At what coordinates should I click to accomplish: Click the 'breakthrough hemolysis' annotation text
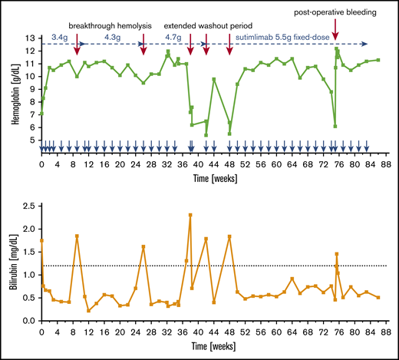pyautogui.click(x=109, y=25)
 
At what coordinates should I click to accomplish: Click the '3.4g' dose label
pyautogui.click(x=58, y=37)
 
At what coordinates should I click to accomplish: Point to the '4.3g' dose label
pyautogui.click(x=111, y=37)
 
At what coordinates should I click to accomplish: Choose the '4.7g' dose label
pyautogui.click(x=173, y=37)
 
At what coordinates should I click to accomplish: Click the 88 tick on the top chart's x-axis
pyautogui.click(x=387, y=164)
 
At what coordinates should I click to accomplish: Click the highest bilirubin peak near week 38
pyautogui.click(x=190, y=215)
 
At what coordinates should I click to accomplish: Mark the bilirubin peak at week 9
pyautogui.click(x=77, y=236)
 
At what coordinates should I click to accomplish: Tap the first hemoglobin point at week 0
pyautogui.click(x=41, y=114)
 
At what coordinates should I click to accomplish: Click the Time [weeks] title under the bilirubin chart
pyautogui.click(x=213, y=349)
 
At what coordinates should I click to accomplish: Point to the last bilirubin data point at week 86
pyautogui.click(x=378, y=298)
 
